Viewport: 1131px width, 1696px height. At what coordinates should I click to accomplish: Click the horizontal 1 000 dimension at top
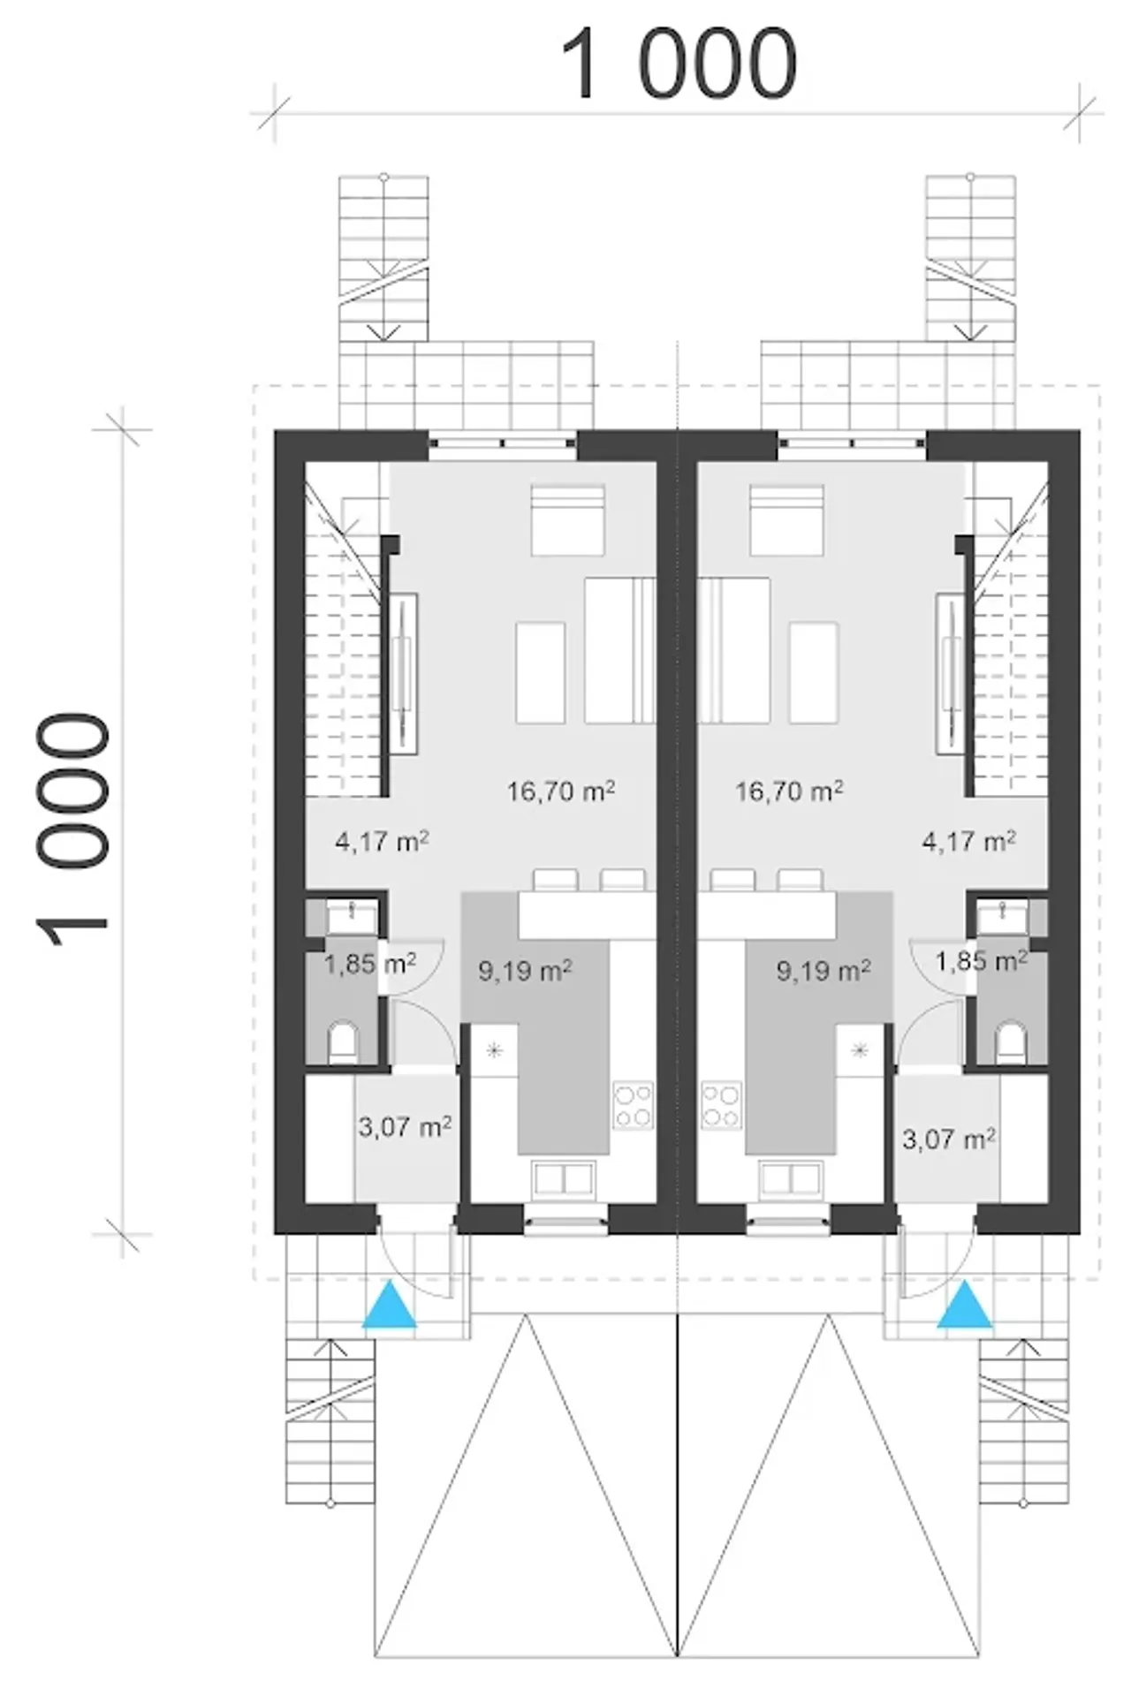(679, 64)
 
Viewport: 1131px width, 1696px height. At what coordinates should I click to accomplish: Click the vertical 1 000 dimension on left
(72, 830)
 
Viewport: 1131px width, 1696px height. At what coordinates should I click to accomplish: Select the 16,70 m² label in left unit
(561, 791)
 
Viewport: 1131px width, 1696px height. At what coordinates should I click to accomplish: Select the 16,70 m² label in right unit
(789, 791)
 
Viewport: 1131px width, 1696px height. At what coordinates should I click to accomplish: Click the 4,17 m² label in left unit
(382, 841)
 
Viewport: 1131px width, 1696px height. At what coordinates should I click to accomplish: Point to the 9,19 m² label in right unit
(824, 971)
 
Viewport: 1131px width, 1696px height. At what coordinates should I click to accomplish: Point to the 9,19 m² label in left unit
(525, 971)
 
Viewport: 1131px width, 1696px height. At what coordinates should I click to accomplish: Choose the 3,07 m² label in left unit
(406, 1126)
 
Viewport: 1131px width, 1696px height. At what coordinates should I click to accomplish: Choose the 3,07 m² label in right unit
(949, 1139)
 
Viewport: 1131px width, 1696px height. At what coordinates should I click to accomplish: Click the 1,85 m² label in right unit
(982, 959)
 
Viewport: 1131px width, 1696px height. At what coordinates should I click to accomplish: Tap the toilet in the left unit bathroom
(343, 1043)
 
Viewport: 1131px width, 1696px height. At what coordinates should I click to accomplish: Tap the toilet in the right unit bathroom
(1011, 1043)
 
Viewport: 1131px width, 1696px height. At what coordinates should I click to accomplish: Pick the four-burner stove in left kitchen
(634, 1105)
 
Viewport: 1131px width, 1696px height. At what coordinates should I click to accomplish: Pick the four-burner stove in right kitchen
(722, 1105)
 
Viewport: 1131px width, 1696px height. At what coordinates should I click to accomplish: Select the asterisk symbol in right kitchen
(860, 1050)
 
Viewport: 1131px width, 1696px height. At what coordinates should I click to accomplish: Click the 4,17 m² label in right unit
(969, 841)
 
